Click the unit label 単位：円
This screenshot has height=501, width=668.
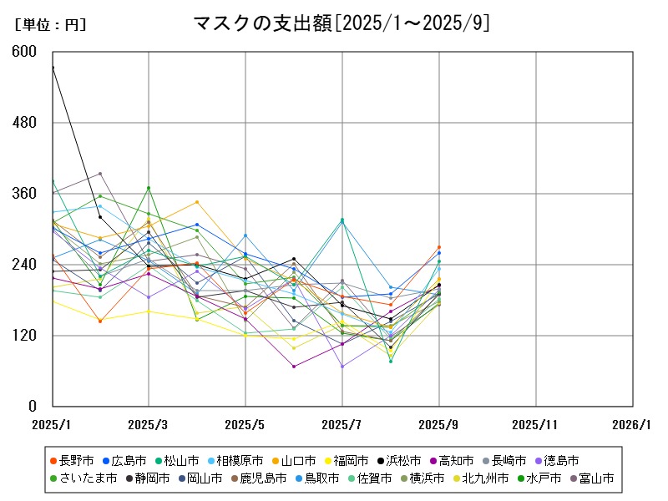pos(50,25)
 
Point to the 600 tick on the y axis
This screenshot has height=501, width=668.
pos(25,52)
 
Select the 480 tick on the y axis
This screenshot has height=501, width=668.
pos(25,123)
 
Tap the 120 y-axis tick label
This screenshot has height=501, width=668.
pos(25,336)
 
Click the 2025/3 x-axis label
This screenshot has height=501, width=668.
pos(149,424)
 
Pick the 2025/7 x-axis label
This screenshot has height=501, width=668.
pos(342,424)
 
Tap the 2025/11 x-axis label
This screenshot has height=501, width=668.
pos(536,424)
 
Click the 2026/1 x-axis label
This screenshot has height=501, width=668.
pos(631,424)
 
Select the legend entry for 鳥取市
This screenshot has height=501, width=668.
pos(314,478)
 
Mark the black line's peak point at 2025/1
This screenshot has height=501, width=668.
pos(52,67)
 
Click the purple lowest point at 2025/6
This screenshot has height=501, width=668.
pos(294,367)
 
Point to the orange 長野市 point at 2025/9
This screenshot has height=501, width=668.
pos(439,247)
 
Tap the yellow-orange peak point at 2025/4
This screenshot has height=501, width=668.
pos(197,201)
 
